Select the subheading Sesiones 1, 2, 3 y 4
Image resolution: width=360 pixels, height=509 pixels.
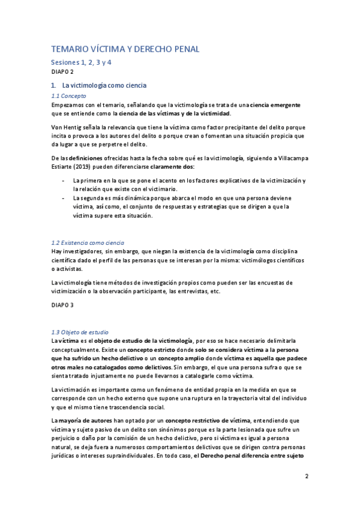pos(81,62)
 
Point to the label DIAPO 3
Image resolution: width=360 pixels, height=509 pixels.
pos(62,305)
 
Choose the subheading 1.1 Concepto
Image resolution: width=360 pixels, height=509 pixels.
pos(69,95)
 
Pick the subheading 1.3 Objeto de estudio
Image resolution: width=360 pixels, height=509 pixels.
pos(79,332)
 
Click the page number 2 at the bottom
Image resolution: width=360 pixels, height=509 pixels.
pos(306,477)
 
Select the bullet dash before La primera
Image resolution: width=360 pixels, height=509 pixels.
pos(64,180)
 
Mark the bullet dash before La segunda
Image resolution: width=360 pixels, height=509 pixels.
pos(64,199)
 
